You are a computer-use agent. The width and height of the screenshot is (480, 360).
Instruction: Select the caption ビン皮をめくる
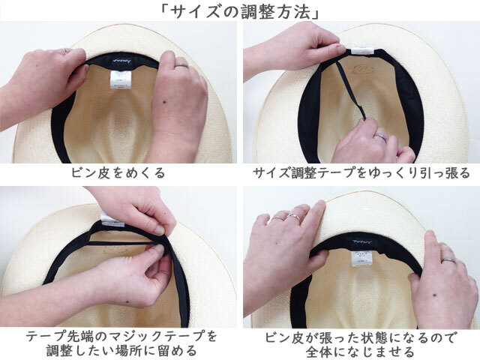118,173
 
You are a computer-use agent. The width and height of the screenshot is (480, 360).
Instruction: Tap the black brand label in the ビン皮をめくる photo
122,61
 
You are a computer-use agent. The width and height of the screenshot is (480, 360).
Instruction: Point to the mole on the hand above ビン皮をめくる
165,102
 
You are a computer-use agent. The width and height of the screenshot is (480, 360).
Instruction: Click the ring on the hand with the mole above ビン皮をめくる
181,64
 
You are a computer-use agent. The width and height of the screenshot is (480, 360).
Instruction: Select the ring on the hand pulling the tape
382,136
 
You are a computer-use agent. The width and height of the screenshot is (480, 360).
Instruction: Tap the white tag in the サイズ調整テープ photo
362,50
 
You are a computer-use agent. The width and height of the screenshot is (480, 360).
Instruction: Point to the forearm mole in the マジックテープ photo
127,302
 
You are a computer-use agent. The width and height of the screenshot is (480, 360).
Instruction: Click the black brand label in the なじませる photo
361,242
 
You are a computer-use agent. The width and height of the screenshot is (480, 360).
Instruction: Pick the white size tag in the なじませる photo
358,258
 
